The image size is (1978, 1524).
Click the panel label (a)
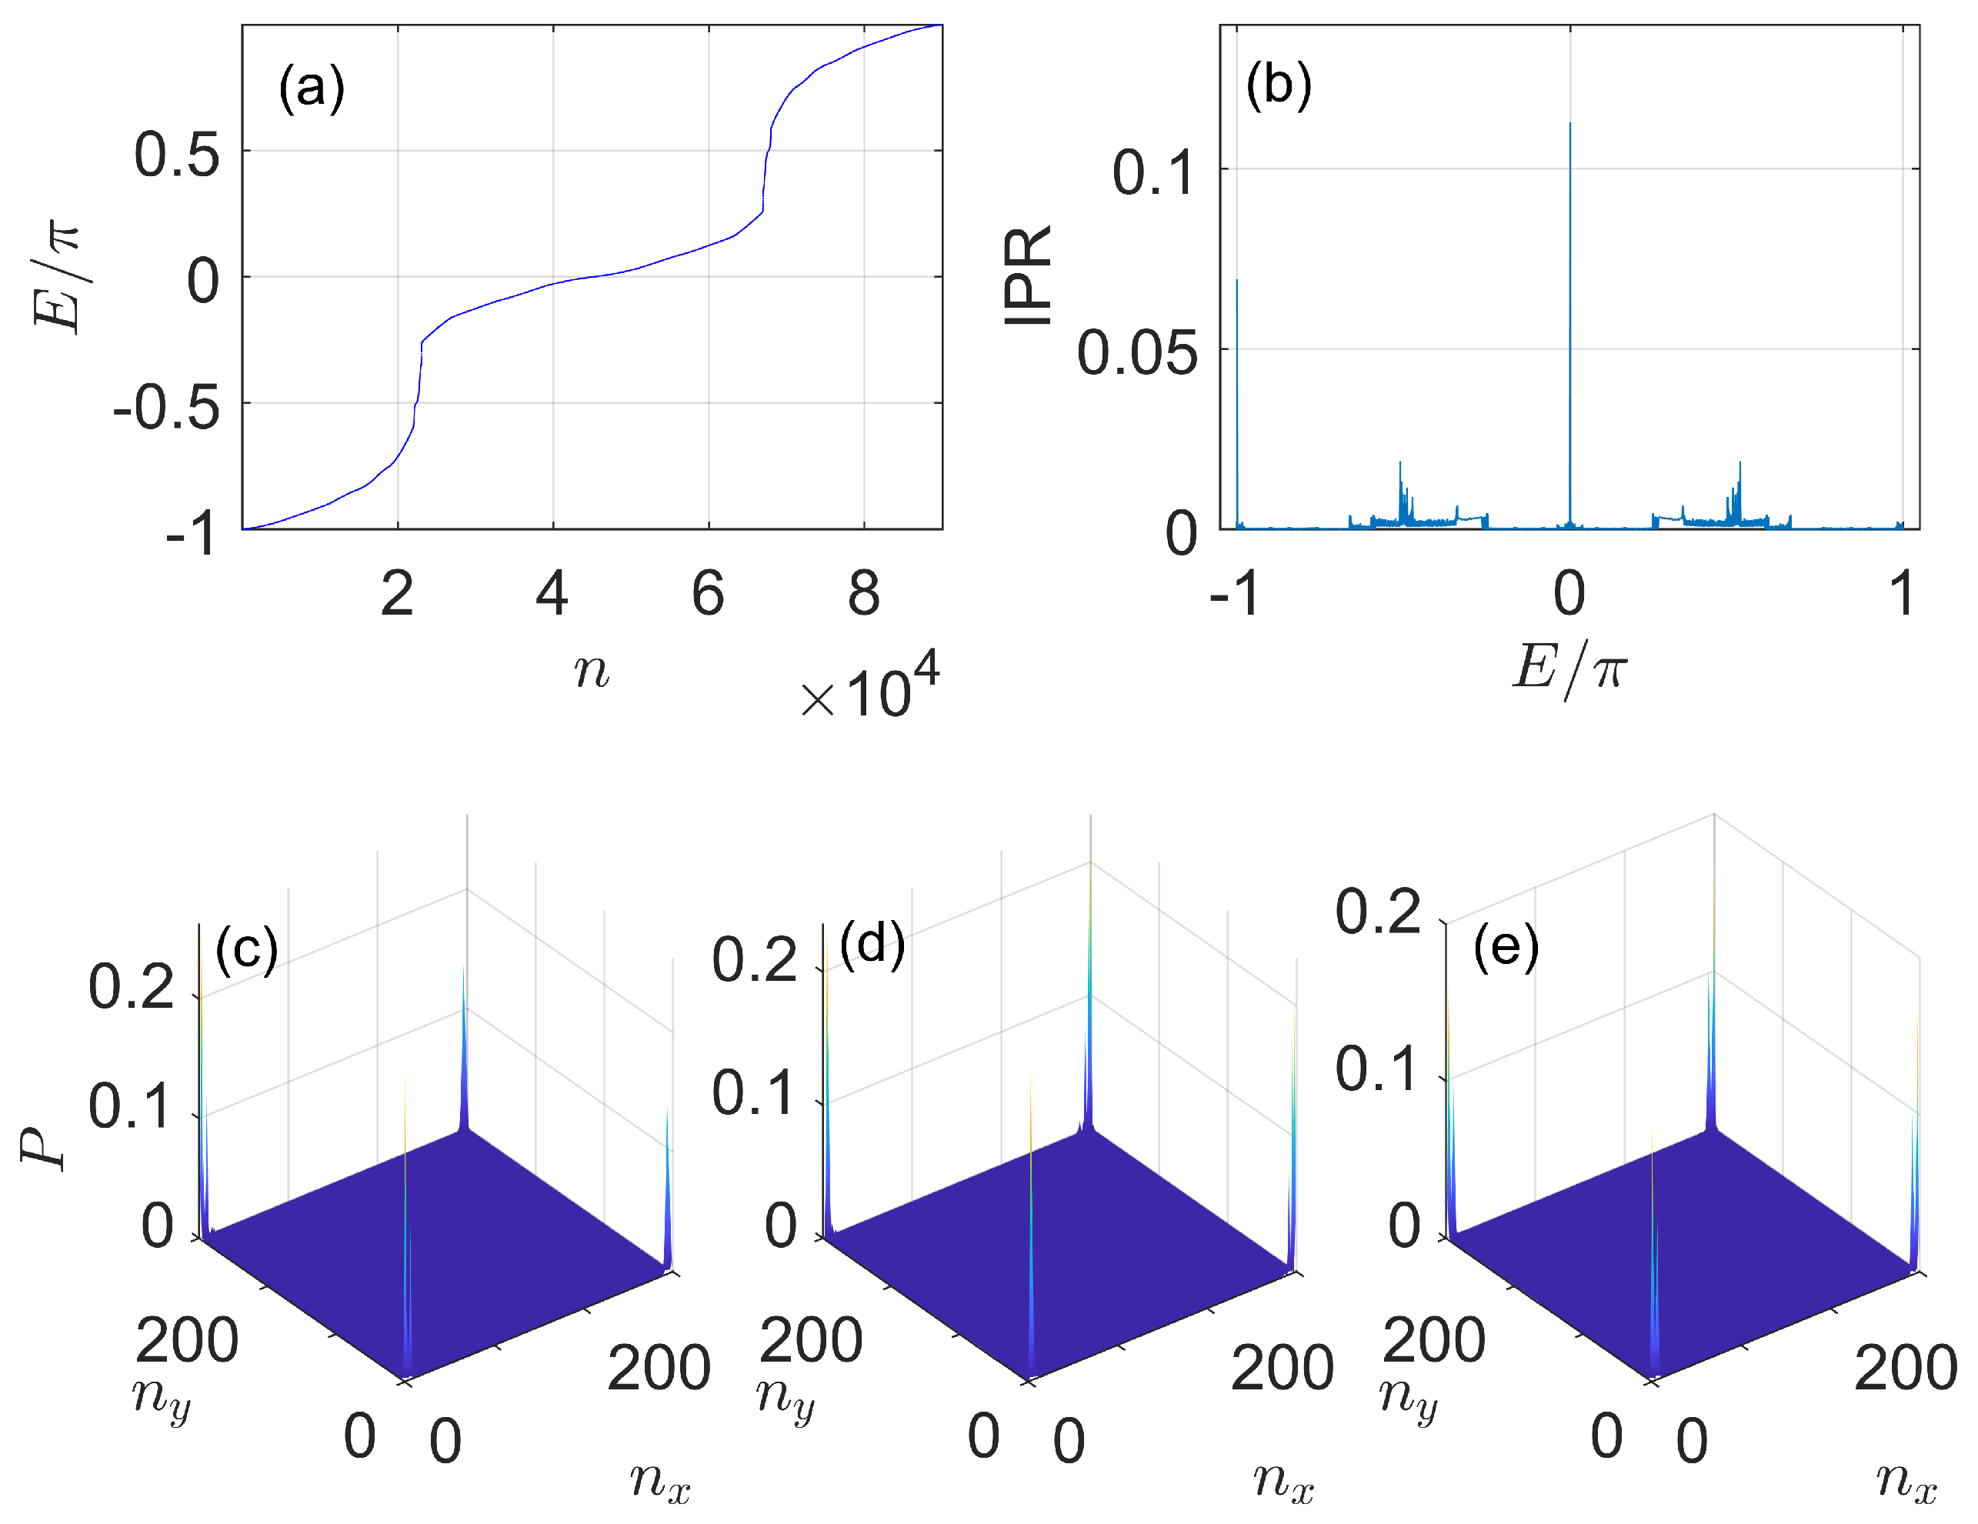[x=311, y=88]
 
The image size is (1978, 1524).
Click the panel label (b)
[x=1278, y=85]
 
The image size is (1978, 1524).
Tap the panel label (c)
[x=246, y=949]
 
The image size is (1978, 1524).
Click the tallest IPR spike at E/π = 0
[x=1569, y=127]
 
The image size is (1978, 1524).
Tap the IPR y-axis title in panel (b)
[x=1028, y=275]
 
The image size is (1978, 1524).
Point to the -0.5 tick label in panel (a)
[x=167, y=407]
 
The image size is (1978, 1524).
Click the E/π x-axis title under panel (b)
[x=1569, y=669]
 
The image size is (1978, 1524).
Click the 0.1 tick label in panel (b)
[x=1153, y=172]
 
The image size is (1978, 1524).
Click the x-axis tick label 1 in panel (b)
[x=1902, y=594]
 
